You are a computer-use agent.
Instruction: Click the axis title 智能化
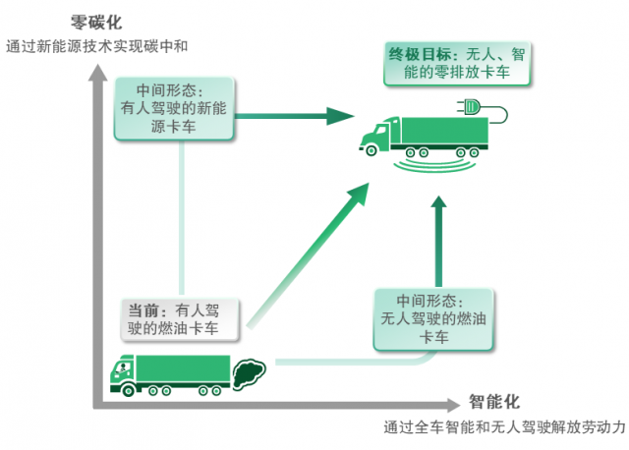coord(494,402)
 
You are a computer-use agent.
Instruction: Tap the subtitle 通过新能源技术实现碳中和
coord(96,45)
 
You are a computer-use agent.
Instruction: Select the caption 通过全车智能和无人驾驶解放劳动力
coord(504,428)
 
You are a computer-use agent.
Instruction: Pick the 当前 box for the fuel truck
coord(181,317)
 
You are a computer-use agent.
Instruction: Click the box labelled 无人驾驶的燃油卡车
coord(434,316)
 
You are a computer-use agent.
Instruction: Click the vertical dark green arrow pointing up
coord(440,236)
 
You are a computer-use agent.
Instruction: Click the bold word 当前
coord(143,308)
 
